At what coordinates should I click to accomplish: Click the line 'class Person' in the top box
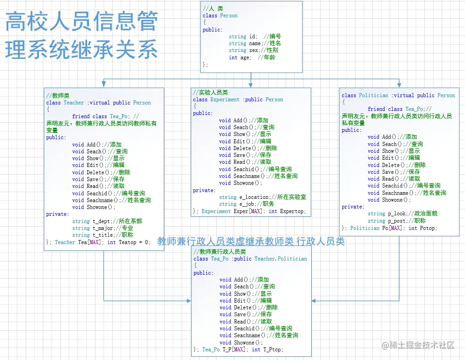click(x=220, y=16)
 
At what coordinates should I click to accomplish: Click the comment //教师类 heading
click(x=58, y=95)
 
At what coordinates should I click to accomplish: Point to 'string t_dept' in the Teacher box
click(x=107, y=221)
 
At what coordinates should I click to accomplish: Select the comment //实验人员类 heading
click(x=210, y=92)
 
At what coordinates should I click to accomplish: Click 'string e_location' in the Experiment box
click(x=262, y=197)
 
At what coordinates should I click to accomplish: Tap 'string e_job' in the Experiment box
click(x=246, y=204)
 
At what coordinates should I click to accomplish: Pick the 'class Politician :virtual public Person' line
click(x=398, y=95)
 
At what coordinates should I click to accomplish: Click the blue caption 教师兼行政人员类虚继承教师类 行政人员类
click(x=251, y=241)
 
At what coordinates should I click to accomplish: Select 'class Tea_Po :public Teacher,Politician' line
click(x=250, y=259)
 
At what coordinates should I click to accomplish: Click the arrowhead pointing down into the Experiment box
click(x=251, y=85)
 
